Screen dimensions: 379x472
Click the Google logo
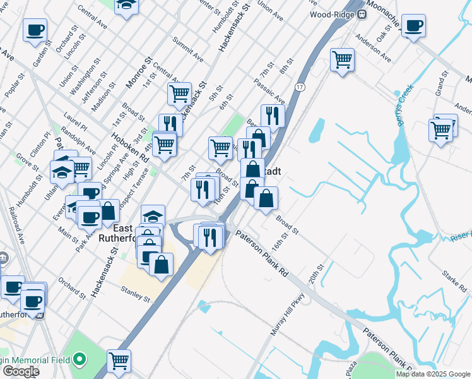[x=20, y=371]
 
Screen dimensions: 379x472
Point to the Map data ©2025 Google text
[x=434, y=374]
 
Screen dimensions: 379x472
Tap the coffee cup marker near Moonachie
[x=413, y=26]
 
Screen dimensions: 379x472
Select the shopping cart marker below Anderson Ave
[x=342, y=61]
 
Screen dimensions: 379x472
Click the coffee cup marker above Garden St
[x=35, y=30]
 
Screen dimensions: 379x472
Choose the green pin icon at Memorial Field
[x=80, y=361]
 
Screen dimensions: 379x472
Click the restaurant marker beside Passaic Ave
[x=273, y=116]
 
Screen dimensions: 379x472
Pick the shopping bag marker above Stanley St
[x=162, y=263]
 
